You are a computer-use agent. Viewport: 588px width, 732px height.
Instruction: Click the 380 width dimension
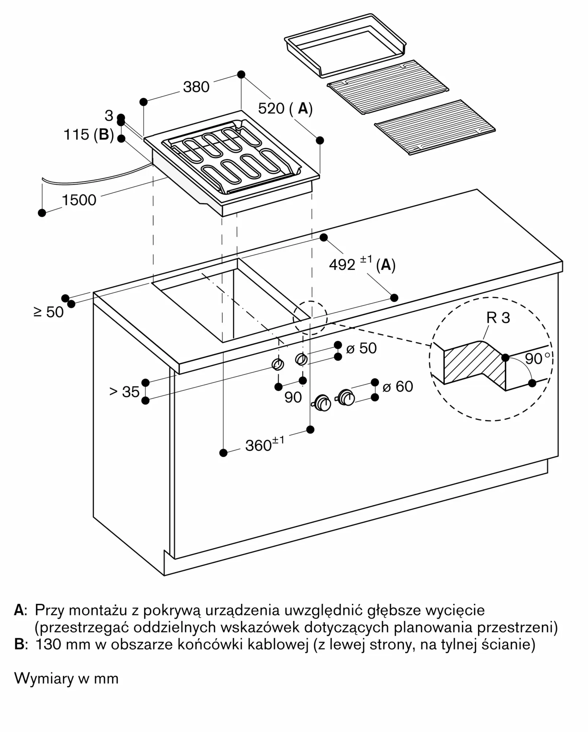coord(196,87)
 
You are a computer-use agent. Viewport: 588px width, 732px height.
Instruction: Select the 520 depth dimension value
coord(271,109)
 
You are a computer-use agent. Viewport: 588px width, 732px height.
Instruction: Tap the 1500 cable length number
coord(79,200)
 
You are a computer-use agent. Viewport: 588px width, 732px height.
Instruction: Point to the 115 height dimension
coord(77,135)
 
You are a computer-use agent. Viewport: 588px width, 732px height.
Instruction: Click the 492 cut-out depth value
coord(342,265)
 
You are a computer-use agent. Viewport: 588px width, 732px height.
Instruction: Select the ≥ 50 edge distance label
coord(49,312)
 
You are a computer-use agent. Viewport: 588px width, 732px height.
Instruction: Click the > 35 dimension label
coord(124,392)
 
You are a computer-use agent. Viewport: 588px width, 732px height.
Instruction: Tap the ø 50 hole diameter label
coord(361,348)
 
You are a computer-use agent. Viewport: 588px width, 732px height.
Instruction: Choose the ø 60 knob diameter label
coord(398,386)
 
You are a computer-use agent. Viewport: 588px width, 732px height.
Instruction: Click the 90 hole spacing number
coord(293,397)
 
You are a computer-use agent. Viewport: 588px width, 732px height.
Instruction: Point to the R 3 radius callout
coord(498,318)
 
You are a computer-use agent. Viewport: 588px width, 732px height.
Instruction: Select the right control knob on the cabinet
coord(346,397)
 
